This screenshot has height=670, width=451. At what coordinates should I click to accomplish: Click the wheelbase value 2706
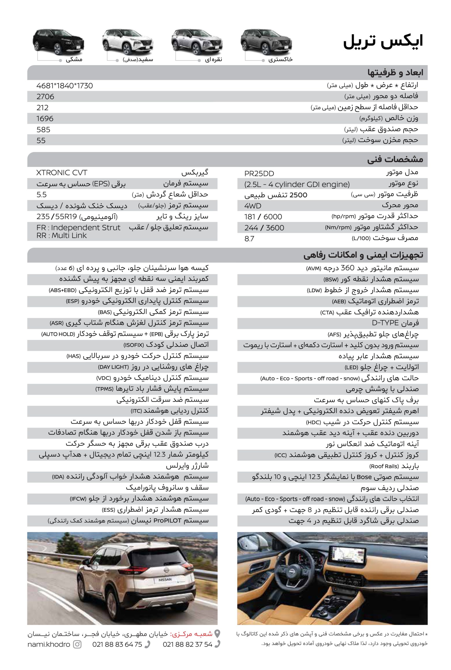click(x=45, y=97)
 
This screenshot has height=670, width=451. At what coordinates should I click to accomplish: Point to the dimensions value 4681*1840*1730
click(x=65, y=86)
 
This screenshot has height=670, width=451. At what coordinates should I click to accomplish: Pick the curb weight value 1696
click(x=45, y=119)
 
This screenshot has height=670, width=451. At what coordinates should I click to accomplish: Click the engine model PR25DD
click(x=259, y=174)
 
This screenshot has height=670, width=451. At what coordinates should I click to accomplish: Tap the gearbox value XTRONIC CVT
click(x=61, y=173)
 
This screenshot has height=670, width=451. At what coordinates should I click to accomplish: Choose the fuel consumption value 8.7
click(x=249, y=238)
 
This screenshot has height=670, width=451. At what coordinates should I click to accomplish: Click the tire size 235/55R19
click(x=58, y=217)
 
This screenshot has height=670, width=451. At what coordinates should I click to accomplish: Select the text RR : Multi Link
click(x=61, y=236)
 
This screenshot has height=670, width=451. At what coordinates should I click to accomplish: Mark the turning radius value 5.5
click(x=42, y=195)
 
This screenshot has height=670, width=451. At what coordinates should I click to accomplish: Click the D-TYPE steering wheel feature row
click(x=395, y=323)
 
